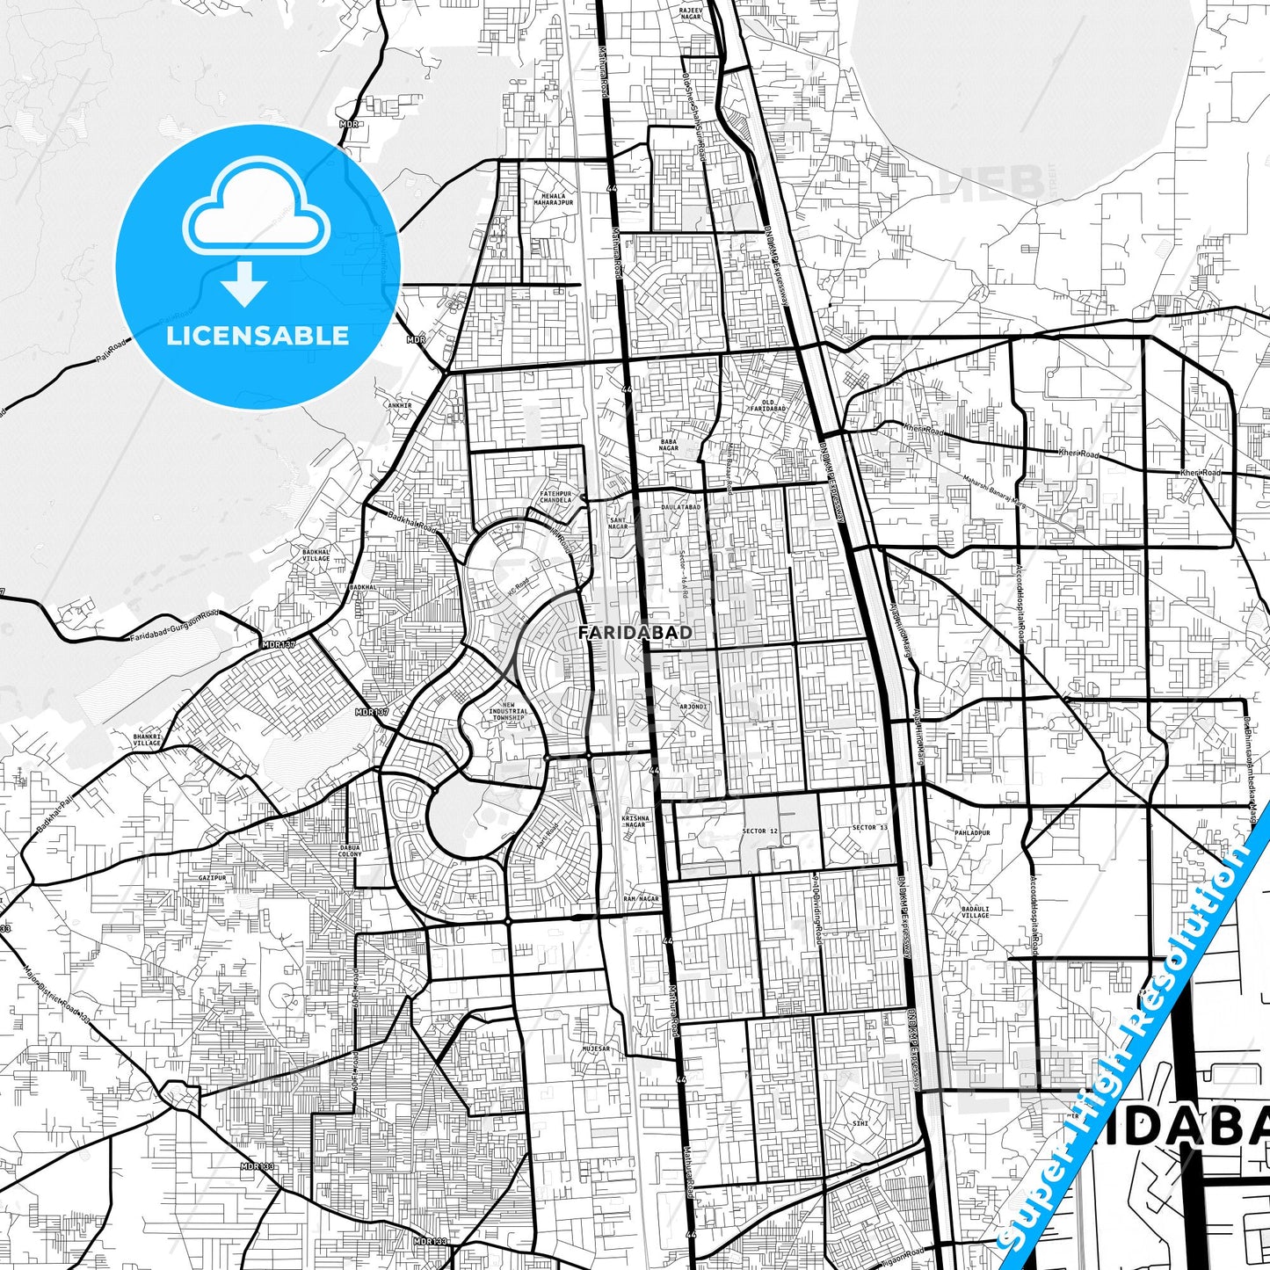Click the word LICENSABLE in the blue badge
(258, 336)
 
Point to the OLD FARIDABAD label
(768, 405)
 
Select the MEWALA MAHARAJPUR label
(553, 200)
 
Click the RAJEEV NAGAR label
(691, 13)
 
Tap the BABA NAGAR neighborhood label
(669, 445)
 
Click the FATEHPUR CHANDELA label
(555, 497)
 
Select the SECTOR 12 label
(759, 831)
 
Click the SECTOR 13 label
(869, 827)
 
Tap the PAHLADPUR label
(973, 832)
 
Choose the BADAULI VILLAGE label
(975, 911)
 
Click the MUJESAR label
(595, 1049)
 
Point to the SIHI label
(860, 1123)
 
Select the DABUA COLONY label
(350, 851)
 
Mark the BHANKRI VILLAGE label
(147, 740)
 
